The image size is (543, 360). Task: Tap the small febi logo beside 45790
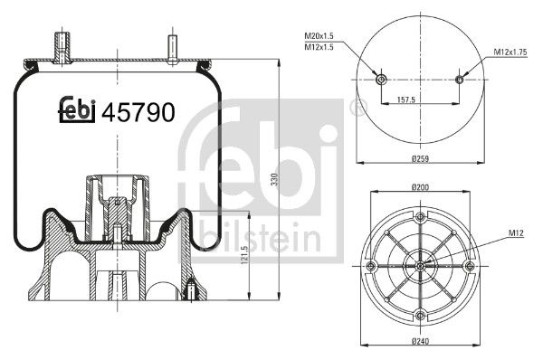[x=78, y=109]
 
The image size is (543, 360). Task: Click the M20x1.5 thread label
[x=323, y=35]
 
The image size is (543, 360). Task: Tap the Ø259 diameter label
[x=419, y=159]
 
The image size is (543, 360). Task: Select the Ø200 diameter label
[x=419, y=187]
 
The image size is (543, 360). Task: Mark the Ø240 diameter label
[x=419, y=341]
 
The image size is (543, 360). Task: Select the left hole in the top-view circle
[x=381, y=81]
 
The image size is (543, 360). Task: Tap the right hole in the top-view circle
[x=459, y=80]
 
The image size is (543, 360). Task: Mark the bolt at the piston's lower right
[x=191, y=291]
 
